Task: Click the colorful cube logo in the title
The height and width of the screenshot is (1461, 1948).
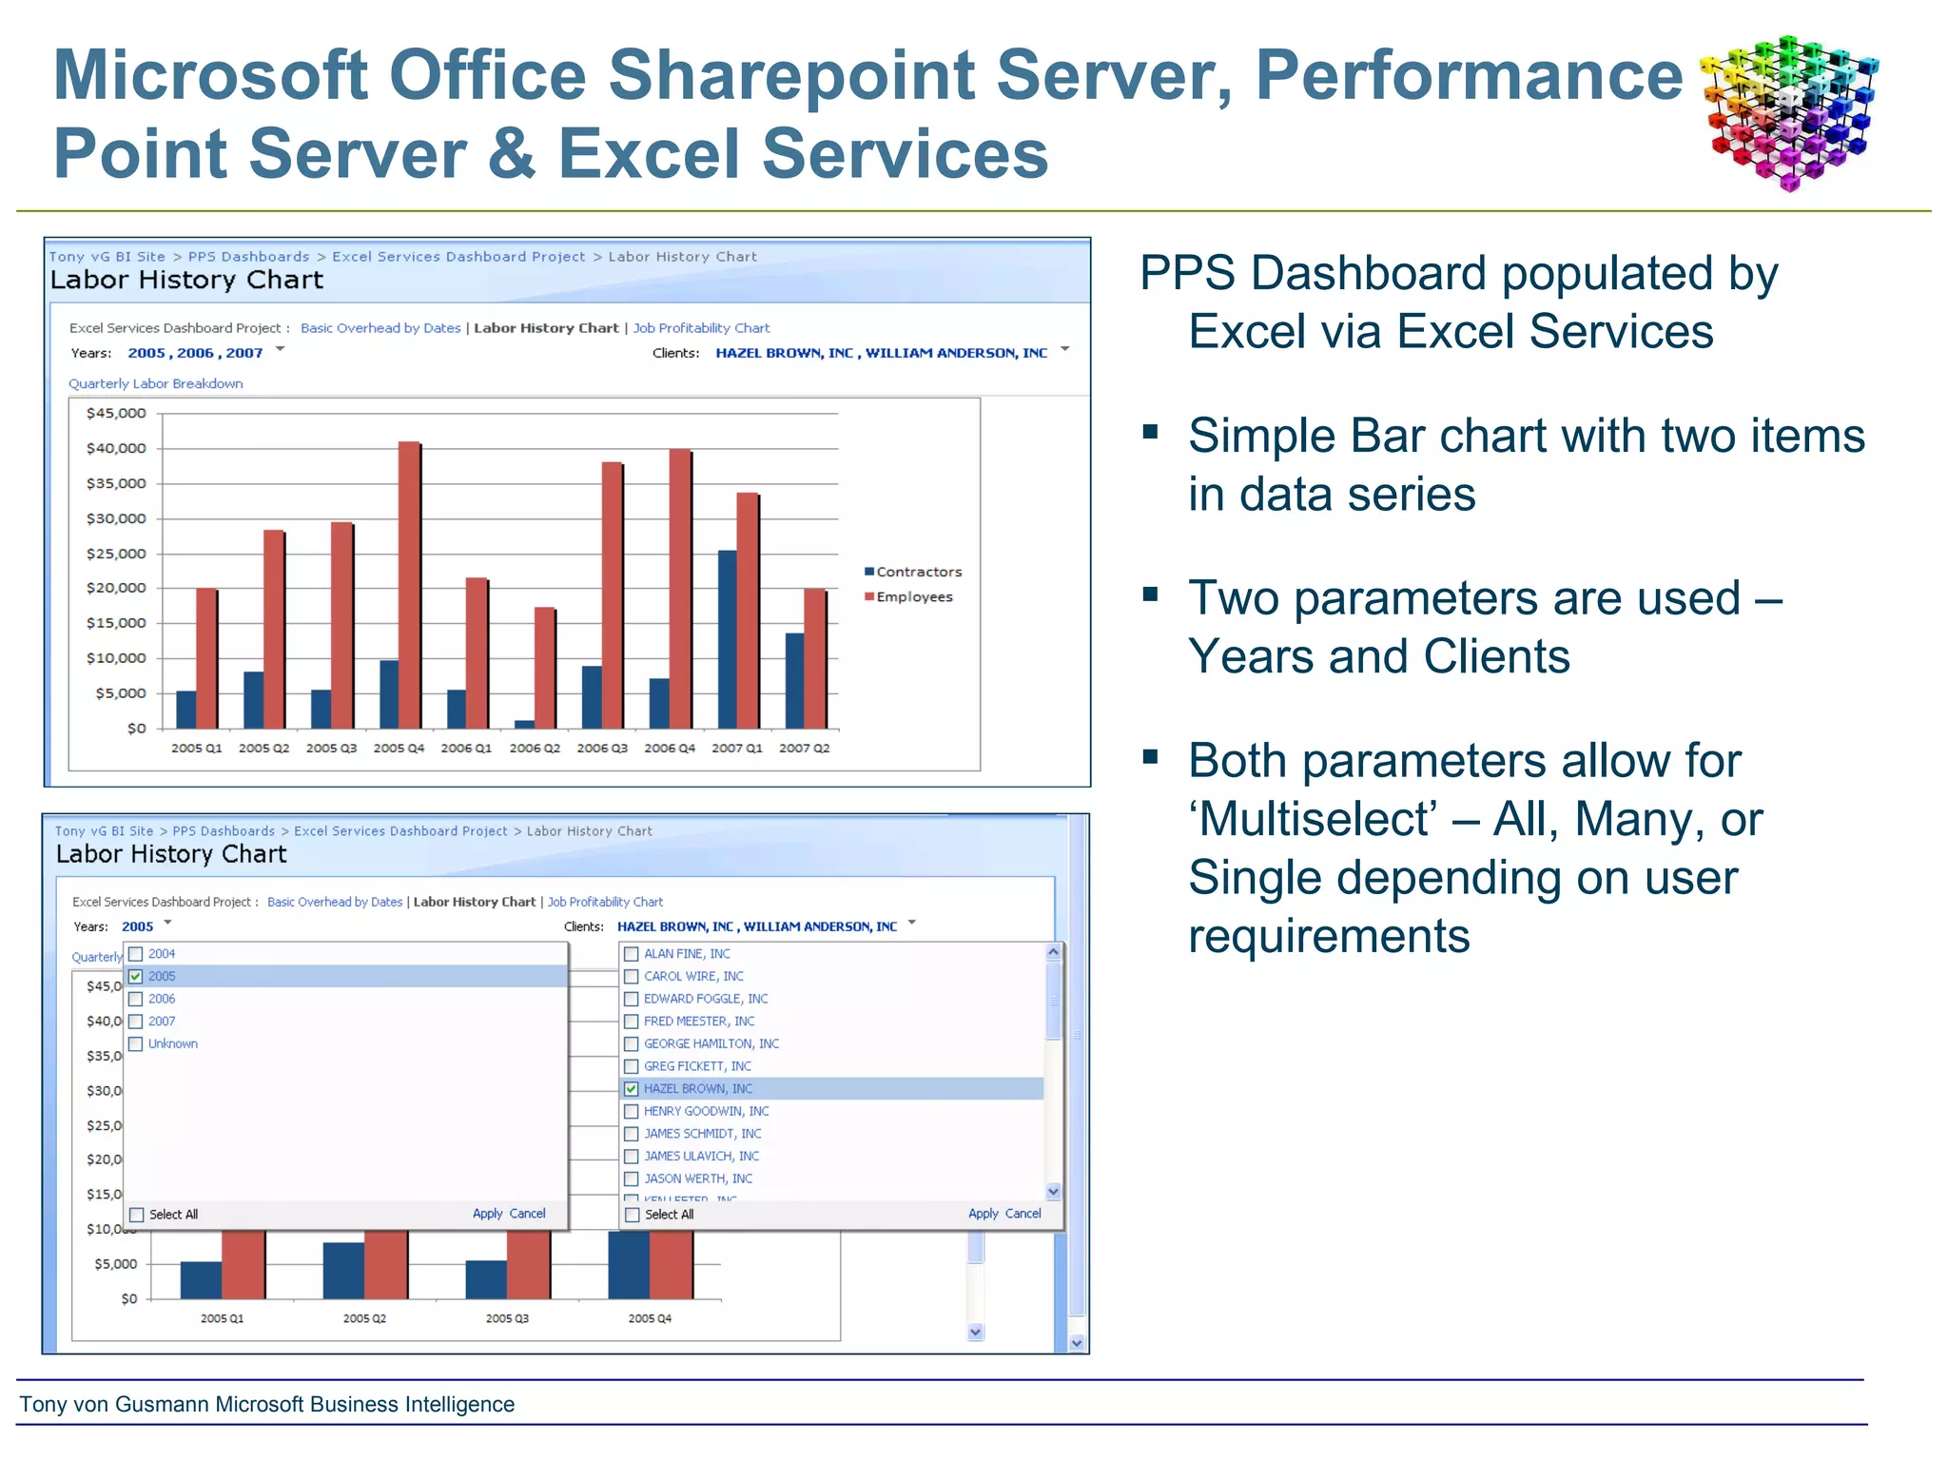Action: tap(1789, 112)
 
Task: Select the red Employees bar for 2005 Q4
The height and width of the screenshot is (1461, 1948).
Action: tap(409, 585)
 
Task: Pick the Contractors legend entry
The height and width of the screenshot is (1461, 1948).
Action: tap(912, 572)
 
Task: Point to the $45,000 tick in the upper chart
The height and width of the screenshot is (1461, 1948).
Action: tap(116, 413)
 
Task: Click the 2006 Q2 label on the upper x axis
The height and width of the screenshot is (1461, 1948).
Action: tap(535, 749)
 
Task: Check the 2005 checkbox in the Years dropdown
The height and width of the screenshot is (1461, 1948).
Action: tap(136, 976)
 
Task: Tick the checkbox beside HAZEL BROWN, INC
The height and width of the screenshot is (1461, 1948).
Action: tap(632, 1089)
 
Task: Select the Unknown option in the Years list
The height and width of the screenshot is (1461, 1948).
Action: tap(172, 1043)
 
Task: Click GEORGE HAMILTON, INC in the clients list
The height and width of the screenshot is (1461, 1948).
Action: tap(711, 1043)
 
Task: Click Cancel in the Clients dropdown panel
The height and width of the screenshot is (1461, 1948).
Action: tap(1023, 1214)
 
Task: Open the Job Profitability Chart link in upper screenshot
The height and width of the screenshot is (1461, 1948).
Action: tap(701, 328)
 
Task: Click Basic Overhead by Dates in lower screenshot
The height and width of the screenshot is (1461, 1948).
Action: tap(335, 902)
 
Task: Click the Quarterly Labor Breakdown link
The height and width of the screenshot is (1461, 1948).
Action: tap(156, 383)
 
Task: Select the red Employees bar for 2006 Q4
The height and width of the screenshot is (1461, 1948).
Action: tap(680, 590)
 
